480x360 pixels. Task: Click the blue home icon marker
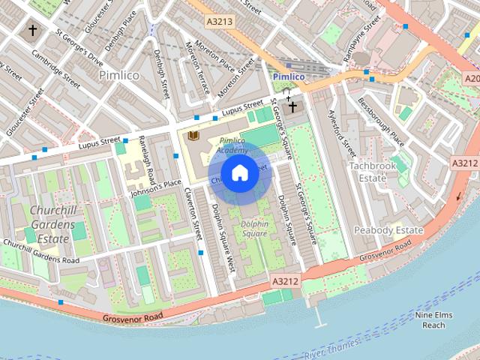tap(239, 173)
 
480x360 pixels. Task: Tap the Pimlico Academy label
tap(232, 145)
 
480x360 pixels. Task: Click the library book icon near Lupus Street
tap(193, 135)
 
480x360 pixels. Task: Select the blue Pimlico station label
tap(288, 76)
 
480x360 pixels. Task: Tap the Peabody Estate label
tap(388, 229)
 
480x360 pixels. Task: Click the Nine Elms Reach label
tap(433, 320)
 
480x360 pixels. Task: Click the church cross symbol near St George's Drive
tap(32, 31)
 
